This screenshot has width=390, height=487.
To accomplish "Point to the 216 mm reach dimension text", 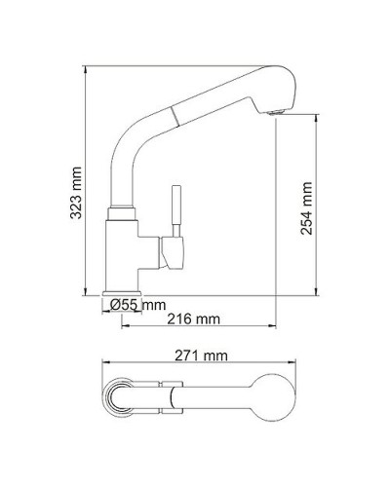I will coord(192,319).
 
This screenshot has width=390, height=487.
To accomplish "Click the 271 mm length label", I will coord(201,356).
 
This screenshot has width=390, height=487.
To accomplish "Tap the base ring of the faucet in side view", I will coord(124,291).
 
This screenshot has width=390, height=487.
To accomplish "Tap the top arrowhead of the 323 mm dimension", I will coord(87,70).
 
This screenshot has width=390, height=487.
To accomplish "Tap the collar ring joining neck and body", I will coord(122,209).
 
